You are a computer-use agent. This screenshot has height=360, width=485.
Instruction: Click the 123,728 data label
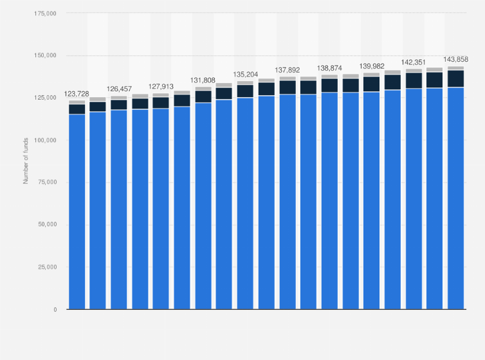77,94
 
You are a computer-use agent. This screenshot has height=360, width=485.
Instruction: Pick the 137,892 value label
288,69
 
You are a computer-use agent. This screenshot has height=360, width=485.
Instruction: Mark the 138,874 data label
329,67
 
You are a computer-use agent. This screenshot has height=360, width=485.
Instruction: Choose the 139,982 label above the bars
371,66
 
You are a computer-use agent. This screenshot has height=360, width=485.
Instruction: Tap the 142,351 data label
414,62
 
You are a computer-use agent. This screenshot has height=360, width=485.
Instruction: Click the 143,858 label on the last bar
456,59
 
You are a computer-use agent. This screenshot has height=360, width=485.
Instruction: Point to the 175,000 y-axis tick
44,14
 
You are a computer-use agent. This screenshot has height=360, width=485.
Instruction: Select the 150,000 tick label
44,56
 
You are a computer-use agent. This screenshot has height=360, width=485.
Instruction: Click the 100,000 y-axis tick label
44,140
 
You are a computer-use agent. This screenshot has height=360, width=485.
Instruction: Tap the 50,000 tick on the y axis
46,225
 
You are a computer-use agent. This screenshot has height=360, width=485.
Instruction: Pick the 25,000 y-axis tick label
46,267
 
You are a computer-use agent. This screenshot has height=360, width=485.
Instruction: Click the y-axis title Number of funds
26,161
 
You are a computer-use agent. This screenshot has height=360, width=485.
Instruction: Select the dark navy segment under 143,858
456,78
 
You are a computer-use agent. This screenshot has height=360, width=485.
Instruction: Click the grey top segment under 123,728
77,102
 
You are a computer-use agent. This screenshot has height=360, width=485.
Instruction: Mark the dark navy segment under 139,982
371,84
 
